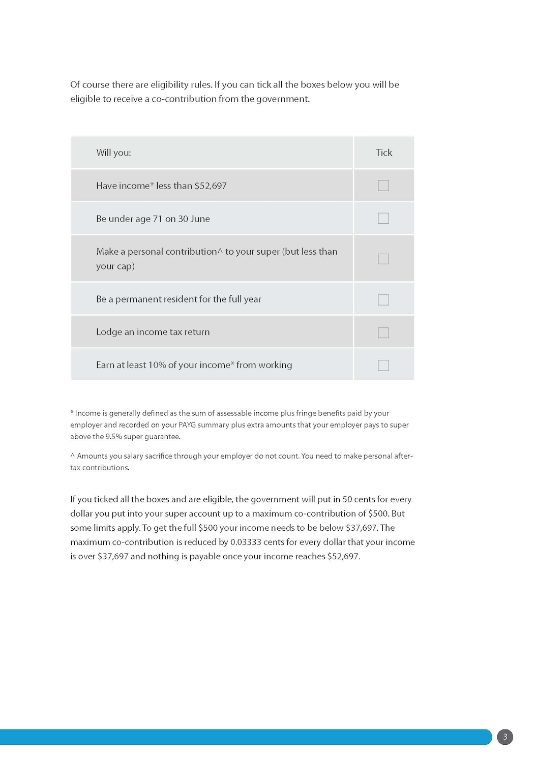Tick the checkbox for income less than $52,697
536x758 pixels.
(x=383, y=186)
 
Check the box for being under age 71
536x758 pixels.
(x=383, y=218)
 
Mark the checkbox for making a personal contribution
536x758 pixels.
(x=383, y=259)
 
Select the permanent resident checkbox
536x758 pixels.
(x=383, y=299)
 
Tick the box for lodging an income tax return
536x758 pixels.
(x=383, y=332)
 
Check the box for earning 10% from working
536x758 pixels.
(x=383, y=365)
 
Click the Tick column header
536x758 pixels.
(x=384, y=153)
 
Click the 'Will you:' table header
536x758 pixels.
(x=113, y=153)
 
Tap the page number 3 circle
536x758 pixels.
(x=505, y=737)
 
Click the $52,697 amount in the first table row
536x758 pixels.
(x=211, y=186)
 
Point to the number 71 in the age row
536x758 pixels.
(x=158, y=219)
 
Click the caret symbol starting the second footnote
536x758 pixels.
(x=72, y=456)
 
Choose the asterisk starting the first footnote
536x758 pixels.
(x=72, y=412)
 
